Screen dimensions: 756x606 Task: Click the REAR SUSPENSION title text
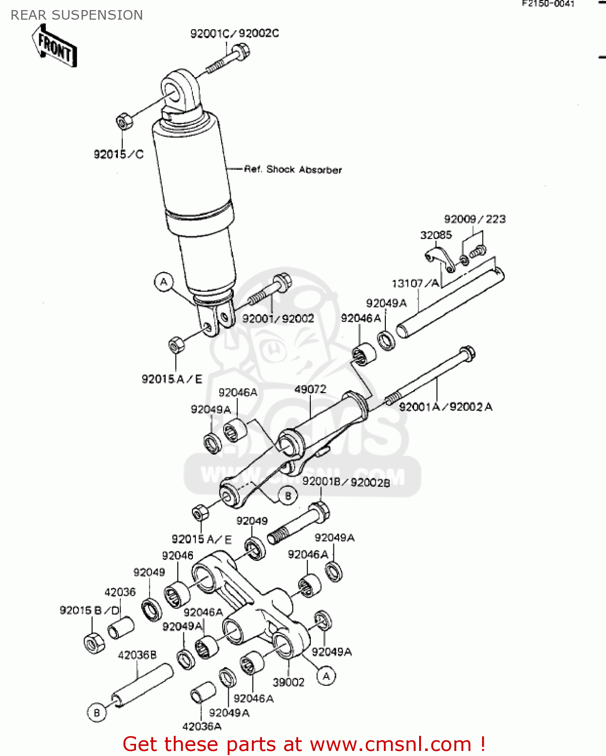pos(77,15)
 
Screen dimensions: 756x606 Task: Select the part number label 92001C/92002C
pos(234,33)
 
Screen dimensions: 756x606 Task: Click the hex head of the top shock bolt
pos(241,51)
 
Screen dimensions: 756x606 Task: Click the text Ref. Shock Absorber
pos(293,169)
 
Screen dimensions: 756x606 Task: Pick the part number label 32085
pos(436,235)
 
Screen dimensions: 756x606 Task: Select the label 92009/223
pos(475,219)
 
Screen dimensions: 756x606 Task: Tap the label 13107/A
pos(416,283)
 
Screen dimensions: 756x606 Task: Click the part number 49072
pos(310,389)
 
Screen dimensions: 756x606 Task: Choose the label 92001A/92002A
pos(445,407)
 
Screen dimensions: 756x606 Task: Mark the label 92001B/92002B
pos(346,482)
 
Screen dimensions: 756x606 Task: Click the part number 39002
pos(288,682)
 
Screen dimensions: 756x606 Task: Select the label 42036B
pos(137,655)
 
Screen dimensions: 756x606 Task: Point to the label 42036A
pos(201,726)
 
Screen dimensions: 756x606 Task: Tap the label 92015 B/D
pos(90,610)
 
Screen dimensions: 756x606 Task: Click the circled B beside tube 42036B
pos(97,713)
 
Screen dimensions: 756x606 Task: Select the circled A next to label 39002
pos(326,676)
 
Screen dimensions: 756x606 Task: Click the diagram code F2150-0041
pos(548,4)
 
